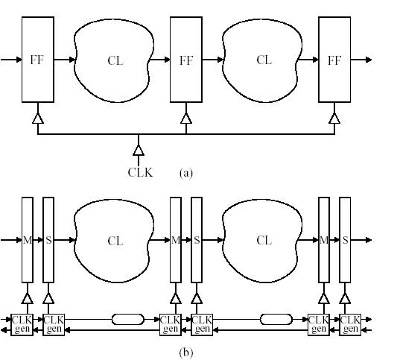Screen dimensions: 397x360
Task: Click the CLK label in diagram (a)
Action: [140, 172]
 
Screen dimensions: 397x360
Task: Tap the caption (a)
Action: [186, 173]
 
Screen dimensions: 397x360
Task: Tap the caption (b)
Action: [186, 353]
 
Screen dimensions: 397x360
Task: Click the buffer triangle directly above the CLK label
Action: [139, 151]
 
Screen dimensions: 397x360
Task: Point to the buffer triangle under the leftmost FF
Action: [38, 119]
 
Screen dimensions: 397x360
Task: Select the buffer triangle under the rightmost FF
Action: [334, 119]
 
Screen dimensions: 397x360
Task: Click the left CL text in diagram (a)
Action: [115, 61]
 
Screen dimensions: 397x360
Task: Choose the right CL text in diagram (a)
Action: [264, 60]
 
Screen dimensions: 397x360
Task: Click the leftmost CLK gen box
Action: [22, 324]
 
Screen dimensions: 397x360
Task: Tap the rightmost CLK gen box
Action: [350, 324]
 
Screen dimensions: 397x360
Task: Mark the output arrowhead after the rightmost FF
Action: [369, 60]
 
